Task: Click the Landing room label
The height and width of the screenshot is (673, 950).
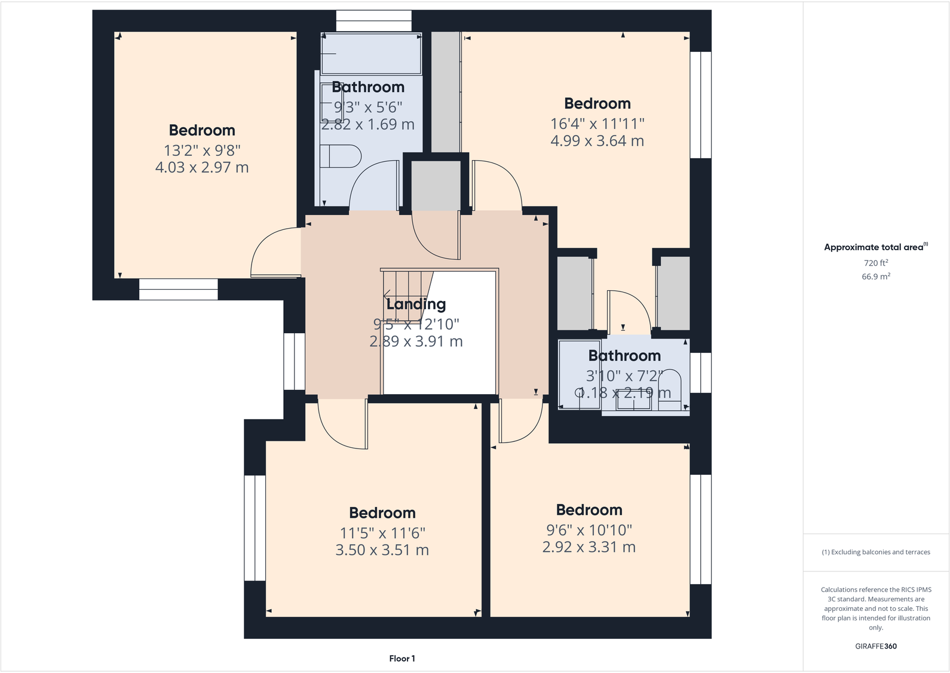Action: [x=416, y=304]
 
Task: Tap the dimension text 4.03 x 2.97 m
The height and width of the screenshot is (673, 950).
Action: [x=202, y=167]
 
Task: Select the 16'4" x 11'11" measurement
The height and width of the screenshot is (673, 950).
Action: [x=597, y=124]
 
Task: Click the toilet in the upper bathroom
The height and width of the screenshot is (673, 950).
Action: [x=341, y=156]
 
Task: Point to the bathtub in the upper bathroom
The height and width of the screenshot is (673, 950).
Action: [x=371, y=54]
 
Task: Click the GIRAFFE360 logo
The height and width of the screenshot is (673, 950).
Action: [x=875, y=646]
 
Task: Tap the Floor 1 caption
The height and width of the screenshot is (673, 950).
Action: [x=402, y=659]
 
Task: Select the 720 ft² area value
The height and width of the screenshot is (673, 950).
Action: [x=875, y=263]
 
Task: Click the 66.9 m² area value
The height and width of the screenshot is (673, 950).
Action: [x=875, y=276]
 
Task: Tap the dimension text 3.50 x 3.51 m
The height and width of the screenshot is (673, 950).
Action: [x=382, y=550]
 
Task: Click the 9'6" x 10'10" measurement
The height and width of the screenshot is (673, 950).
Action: [x=589, y=530]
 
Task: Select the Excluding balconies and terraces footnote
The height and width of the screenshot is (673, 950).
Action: [x=875, y=552]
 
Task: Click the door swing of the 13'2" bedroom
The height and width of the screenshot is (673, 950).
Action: [x=272, y=254]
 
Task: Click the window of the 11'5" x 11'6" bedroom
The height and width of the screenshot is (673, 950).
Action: [x=255, y=528]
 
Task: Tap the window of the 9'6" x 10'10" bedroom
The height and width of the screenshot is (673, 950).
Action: [x=701, y=529]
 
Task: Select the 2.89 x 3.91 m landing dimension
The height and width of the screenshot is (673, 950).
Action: [x=416, y=342]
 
